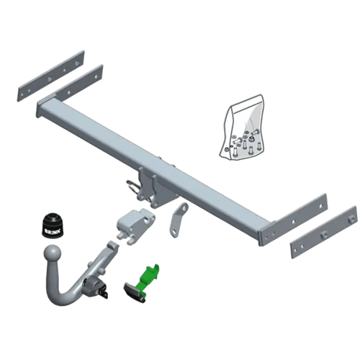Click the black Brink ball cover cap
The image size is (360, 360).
pos(53,222)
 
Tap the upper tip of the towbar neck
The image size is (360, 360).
pos(112,247)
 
